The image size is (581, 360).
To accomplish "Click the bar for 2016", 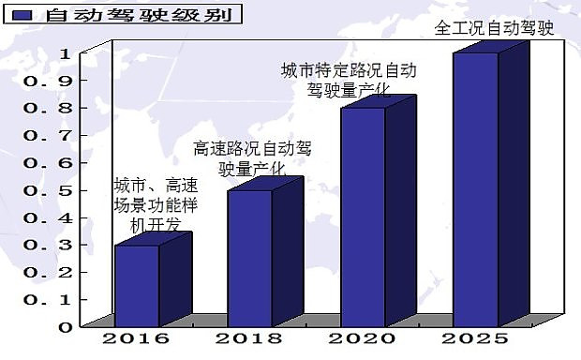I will pos(137,286).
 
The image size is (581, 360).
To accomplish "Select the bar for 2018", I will pos(249,258).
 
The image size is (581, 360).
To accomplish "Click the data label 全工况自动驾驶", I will pos(495,27).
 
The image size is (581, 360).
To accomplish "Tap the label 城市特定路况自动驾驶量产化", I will pos(349,81).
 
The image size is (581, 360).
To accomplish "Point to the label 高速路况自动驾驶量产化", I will pos(252,158).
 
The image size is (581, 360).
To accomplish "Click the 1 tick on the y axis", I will pos(64,53).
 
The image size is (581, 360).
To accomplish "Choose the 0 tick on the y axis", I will pos(64,327).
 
